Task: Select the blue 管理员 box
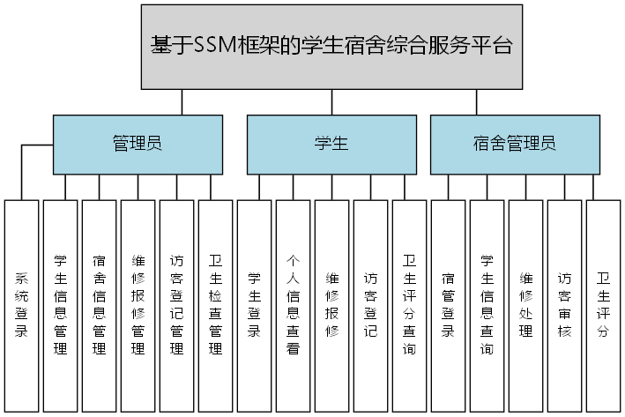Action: [138, 144]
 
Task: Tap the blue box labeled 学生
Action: [331, 144]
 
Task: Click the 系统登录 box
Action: [22, 306]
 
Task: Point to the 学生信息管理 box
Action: [61, 306]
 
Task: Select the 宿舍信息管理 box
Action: [100, 306]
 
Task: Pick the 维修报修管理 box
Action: [138, 306]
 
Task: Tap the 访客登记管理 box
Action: [177, 306]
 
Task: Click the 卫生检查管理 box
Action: [216, 306]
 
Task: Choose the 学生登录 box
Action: [255, 306]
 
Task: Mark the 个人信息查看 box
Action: [294, 306]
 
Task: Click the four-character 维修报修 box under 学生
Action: [332, 306]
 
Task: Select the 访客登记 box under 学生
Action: [371, 306]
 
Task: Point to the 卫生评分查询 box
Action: [410, 306]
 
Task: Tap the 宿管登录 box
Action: [449, 306]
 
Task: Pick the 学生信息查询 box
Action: [487, 306]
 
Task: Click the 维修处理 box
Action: [526, 306]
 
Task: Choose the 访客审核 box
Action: [565, 306]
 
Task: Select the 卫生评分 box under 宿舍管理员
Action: [604, 306]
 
